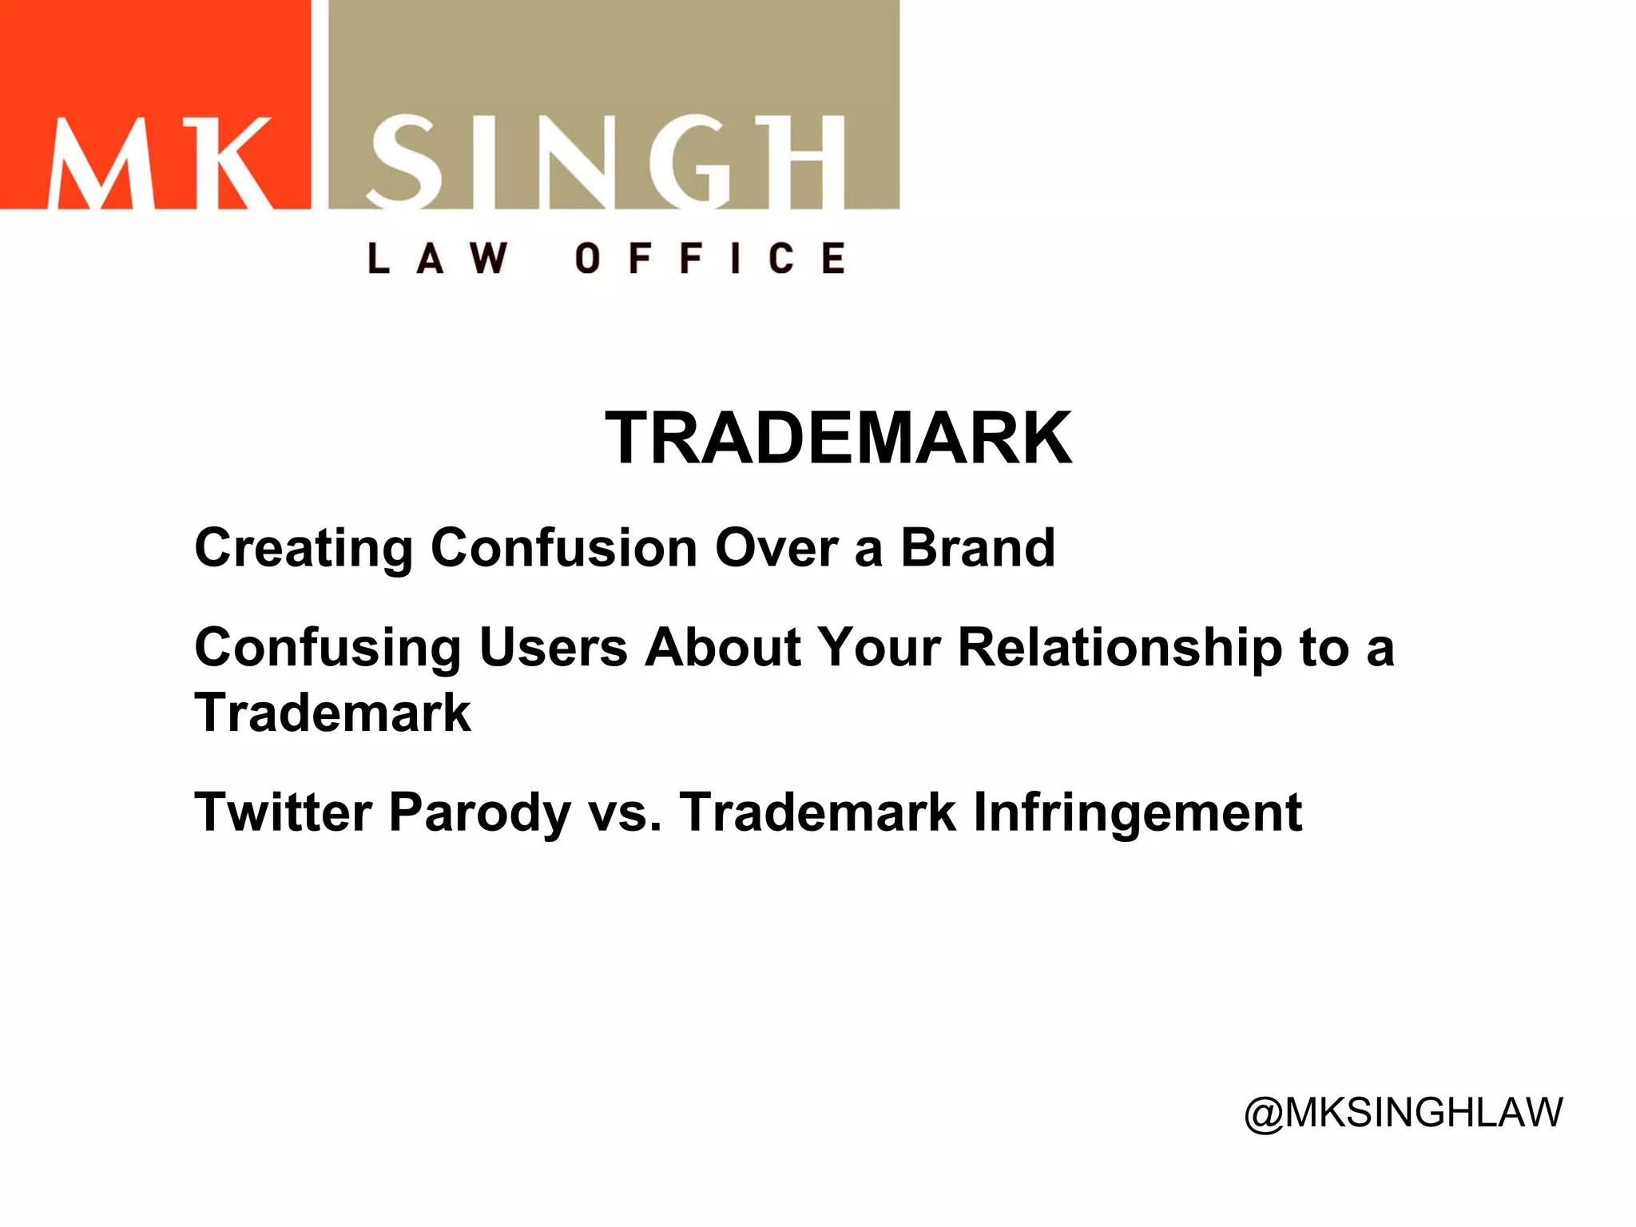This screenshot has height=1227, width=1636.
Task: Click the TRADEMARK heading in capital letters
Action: coord(838,438)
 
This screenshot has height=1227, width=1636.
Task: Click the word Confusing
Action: coord(328,649)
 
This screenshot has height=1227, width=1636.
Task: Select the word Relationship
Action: coord(1119,649)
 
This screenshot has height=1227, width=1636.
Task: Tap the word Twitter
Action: coord(283,812)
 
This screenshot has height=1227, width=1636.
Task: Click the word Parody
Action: coord(479,814)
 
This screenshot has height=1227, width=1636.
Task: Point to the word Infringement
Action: coord(1138,814)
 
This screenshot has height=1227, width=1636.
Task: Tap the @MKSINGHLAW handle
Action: coord(1403,1112)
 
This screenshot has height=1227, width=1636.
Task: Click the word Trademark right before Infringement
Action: coord(818,812)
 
